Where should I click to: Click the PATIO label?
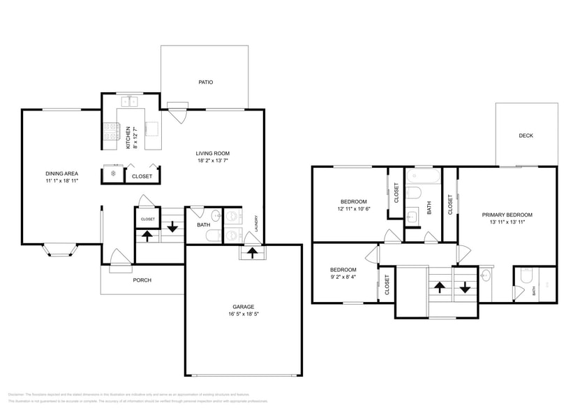(205, 82)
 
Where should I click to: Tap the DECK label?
(526, 136)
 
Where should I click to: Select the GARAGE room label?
(243, 307)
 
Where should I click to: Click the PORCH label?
(142, 280)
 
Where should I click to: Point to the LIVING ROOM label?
(212, 154)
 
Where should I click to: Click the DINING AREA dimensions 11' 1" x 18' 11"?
(61, 181)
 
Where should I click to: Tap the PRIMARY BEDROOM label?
(507, 215)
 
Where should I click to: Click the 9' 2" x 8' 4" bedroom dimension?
(343, 277)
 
